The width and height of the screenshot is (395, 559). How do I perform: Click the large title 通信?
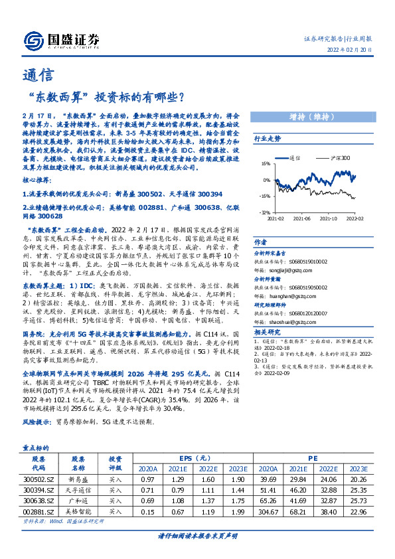(35, 75)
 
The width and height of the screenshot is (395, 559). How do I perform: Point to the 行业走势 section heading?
(268, 139)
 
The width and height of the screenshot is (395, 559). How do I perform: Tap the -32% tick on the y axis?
(264, 212)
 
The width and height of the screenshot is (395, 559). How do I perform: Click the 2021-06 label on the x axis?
(302, 217)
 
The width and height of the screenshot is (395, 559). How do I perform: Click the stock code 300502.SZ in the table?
(39, 479)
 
